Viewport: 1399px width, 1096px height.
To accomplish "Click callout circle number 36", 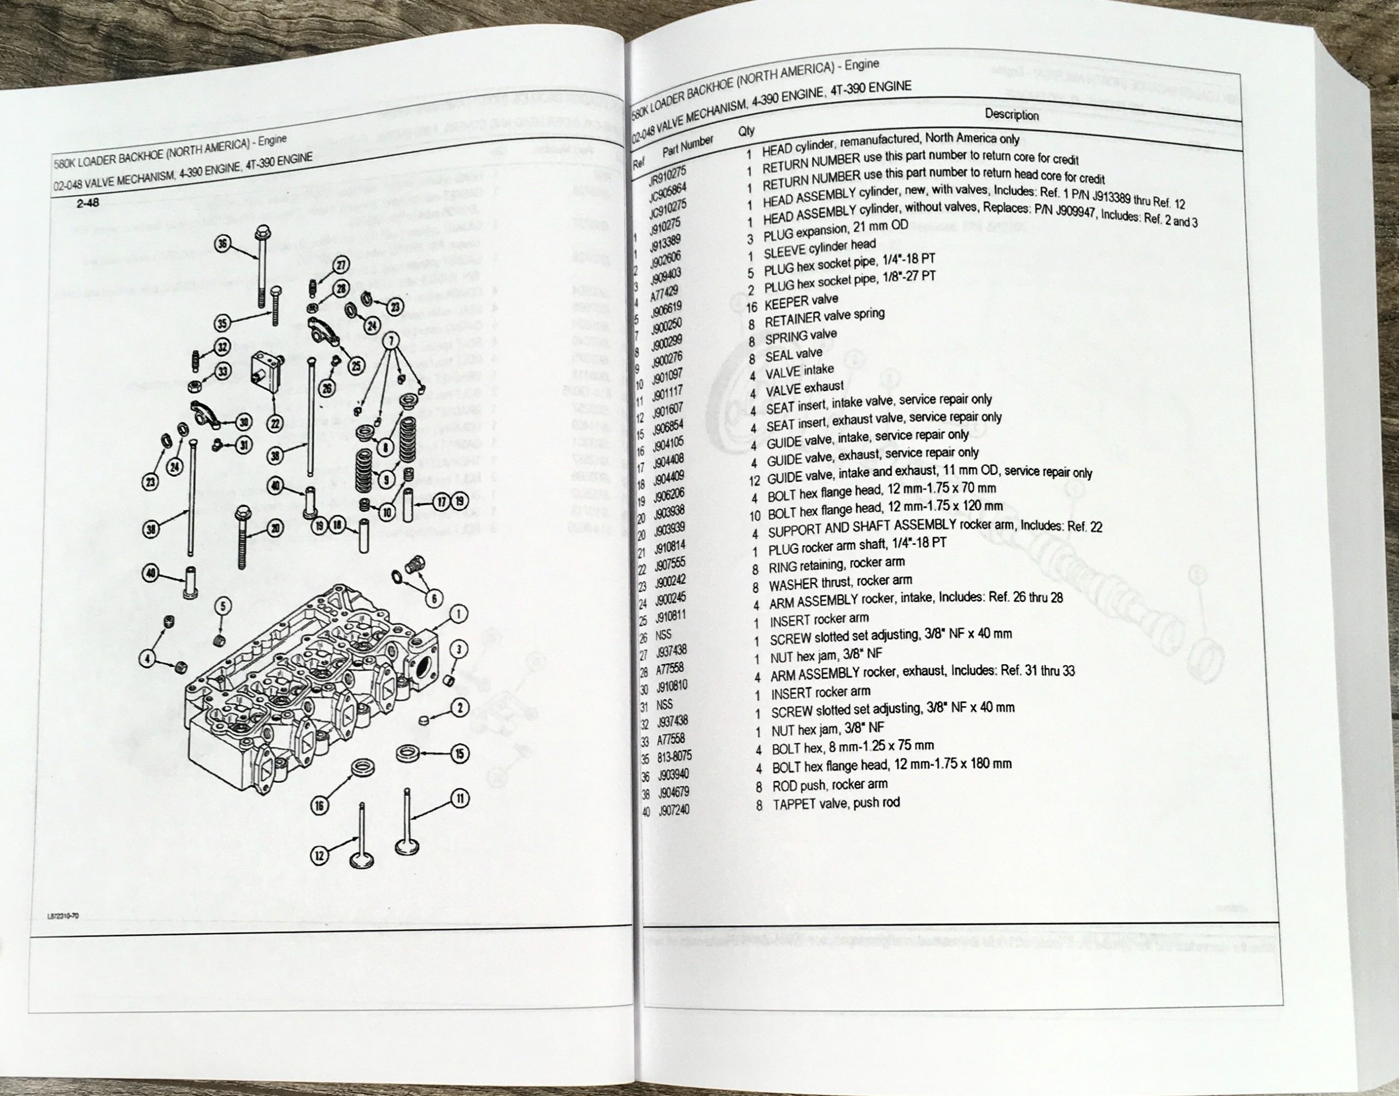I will pos(222,243).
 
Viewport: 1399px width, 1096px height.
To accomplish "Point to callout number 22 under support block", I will pos(275,424).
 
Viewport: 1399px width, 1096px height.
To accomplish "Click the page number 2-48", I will pos(88,203).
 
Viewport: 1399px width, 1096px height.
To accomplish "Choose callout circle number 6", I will pos(433,599).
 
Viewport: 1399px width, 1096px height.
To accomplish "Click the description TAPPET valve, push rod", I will pos(836,803).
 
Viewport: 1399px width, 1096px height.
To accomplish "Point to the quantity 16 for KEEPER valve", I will pos(753,307).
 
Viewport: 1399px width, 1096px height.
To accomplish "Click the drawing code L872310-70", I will pos(62,918).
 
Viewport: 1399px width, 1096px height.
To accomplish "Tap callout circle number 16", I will pos(320,806).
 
